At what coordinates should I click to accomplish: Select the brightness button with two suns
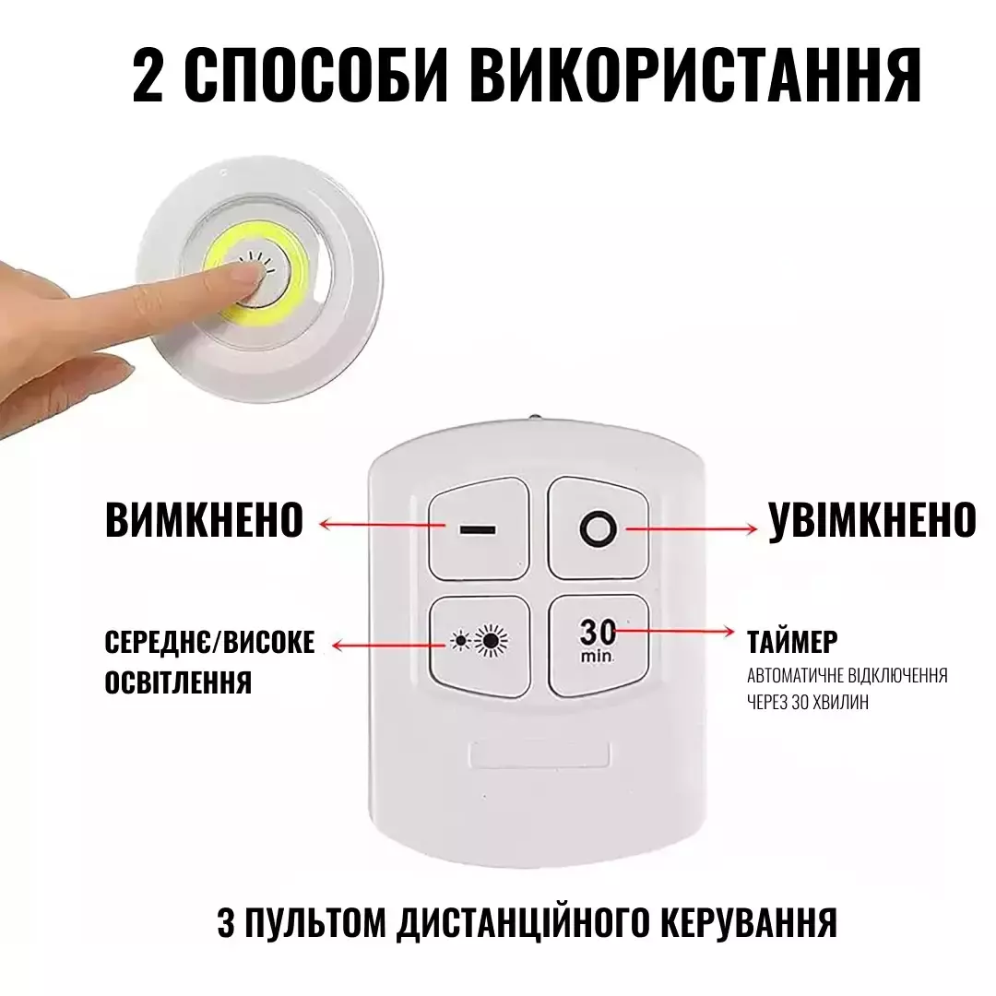[x=480, y=644]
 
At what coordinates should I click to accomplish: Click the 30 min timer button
[x=599, y=644]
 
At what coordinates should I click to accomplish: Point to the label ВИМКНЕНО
[x=205, y=519]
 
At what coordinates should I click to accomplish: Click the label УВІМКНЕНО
[x=872, y=519]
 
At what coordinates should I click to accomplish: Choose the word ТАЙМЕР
[x=792, y=642]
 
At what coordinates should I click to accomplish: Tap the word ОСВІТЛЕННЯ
[x=179, y=682]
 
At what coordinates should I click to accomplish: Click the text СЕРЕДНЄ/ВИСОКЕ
[x=209, y=642]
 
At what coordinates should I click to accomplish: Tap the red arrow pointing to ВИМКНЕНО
[x=382, y=525]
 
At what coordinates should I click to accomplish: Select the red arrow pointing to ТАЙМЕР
[x=674, y=631]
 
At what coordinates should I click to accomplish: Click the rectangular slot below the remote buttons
[x=539, y=754]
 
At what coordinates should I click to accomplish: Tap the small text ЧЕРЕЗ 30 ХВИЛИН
[x=807, y=702]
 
